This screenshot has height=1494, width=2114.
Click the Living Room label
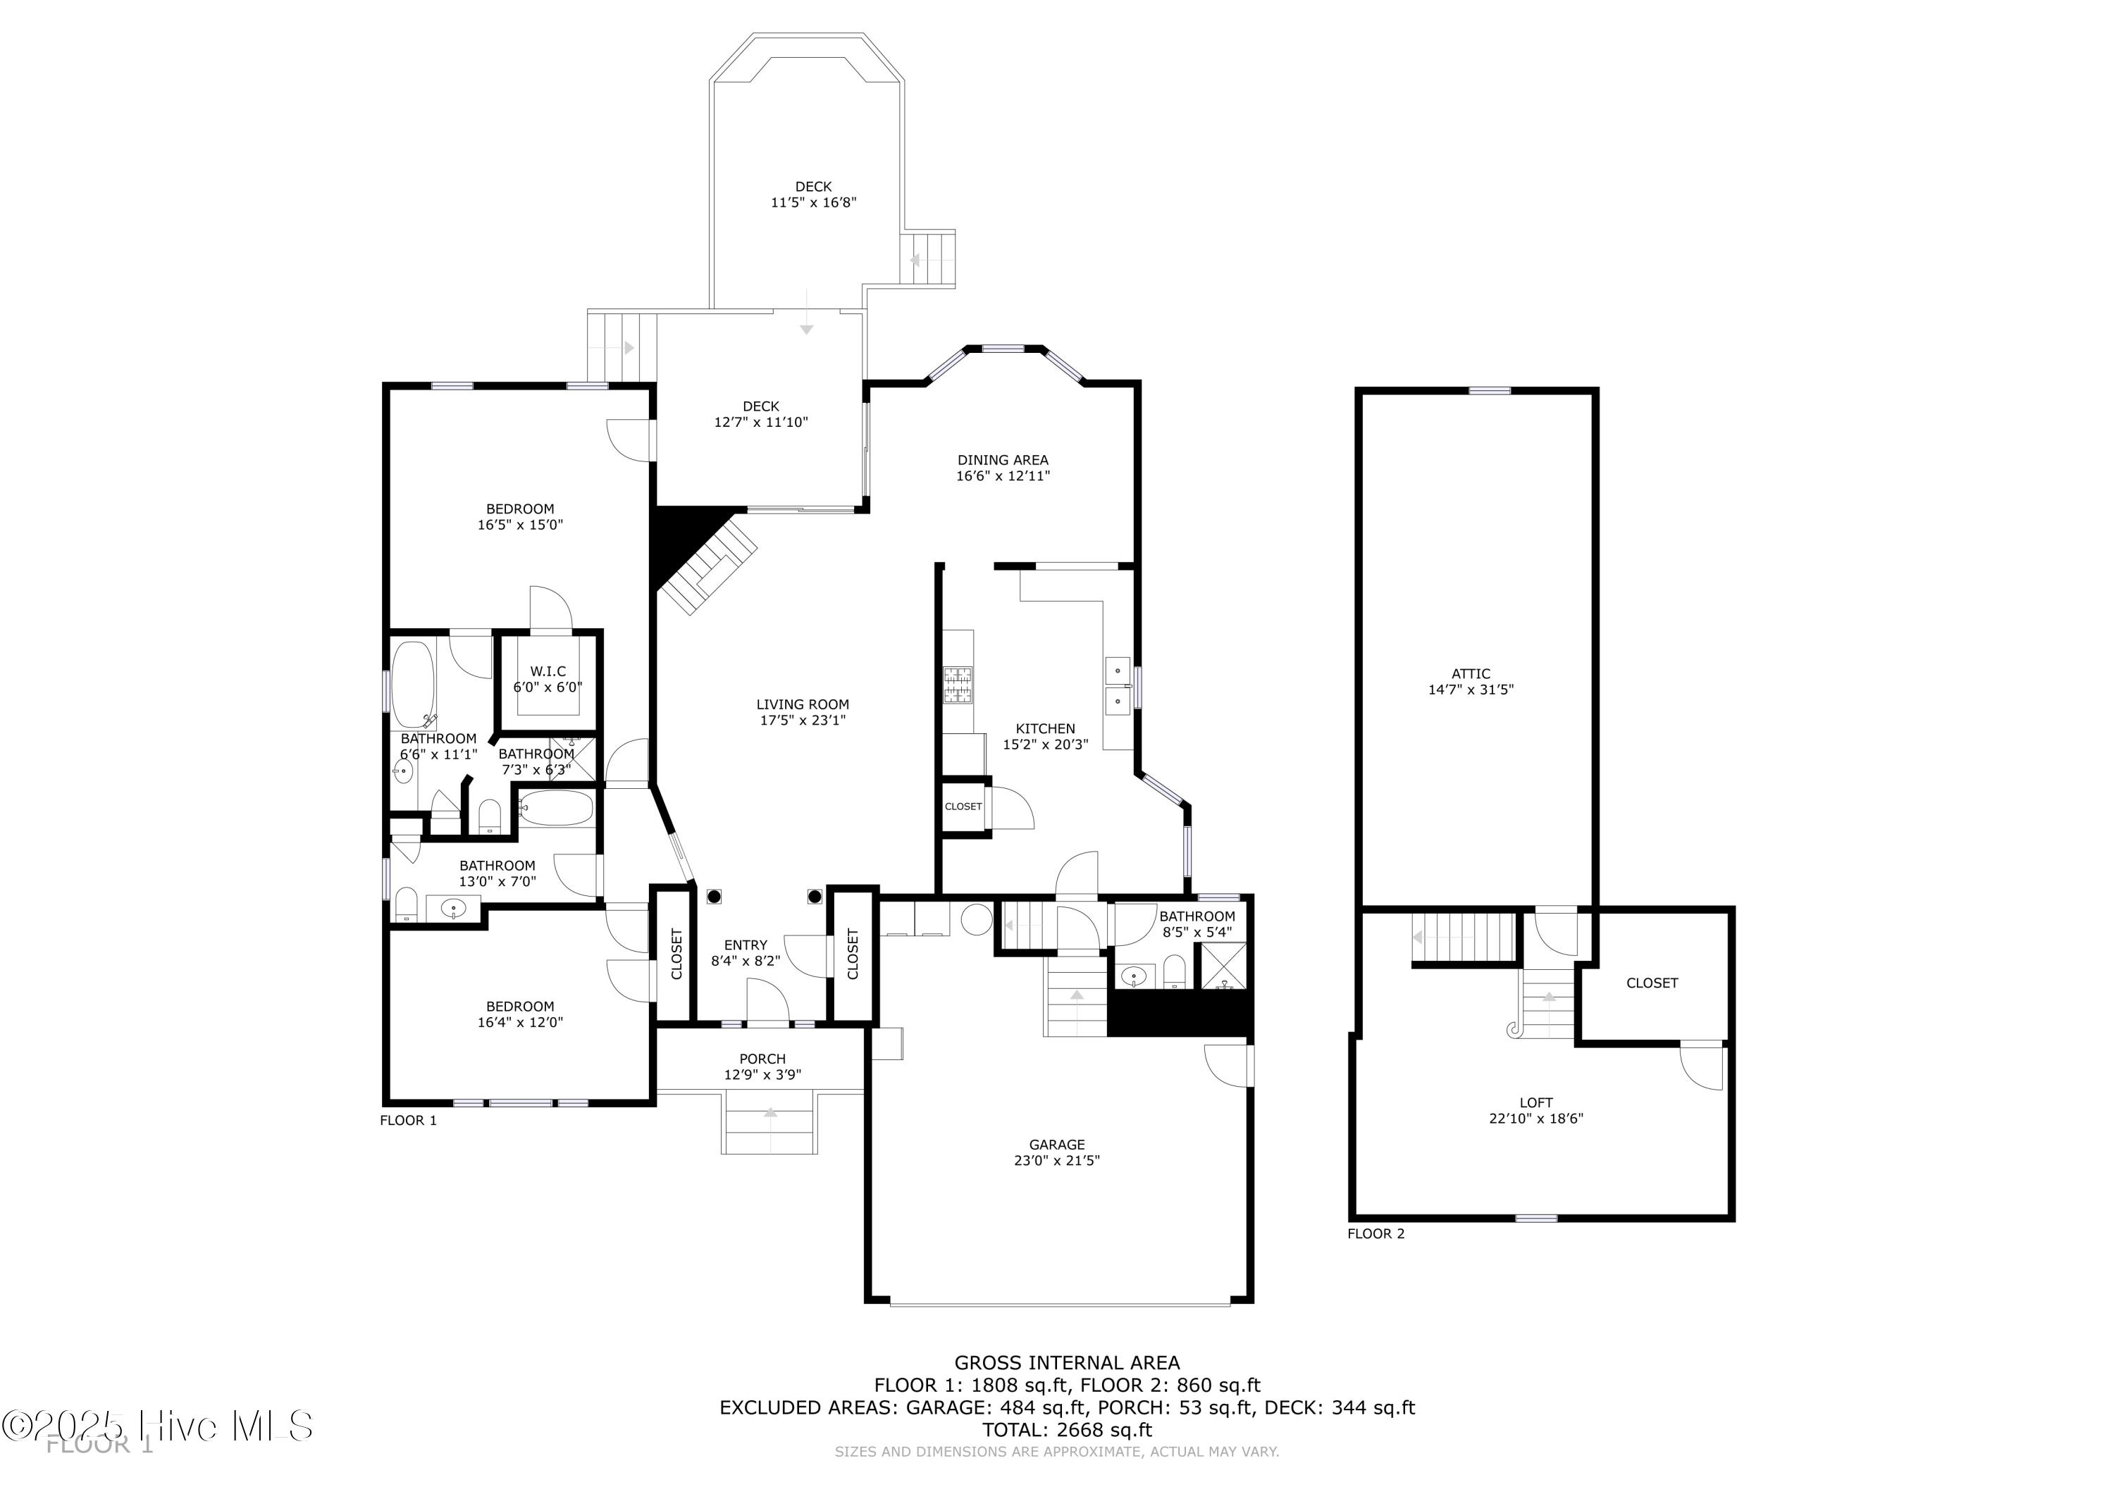click(x=802, y=704)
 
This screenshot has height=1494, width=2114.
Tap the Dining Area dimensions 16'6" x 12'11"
click(x=1003, y=476)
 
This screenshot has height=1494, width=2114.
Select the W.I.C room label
click(x=548, y=671)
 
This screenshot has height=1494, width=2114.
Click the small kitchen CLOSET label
click(x=963, y=807)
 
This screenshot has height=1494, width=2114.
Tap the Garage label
click(x=1057, y=1144)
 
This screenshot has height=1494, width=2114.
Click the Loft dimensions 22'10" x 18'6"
click(x=1535, y=1119)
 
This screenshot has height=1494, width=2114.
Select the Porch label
click(x=762, y=1059)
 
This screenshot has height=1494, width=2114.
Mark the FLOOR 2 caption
click(x=1376, y=1233)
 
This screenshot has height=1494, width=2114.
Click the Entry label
click(x=745, y=945)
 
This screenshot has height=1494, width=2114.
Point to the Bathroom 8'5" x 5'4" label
click(x=1197, y=916)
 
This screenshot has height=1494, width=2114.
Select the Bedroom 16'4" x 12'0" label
click(x=520, y=1006)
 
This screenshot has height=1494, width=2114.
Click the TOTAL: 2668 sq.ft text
click(x=1066, y=1430)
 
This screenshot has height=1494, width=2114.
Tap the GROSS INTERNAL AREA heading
click(x=1066, y=1362)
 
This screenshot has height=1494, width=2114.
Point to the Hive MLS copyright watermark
click(x=156, y=1427)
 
